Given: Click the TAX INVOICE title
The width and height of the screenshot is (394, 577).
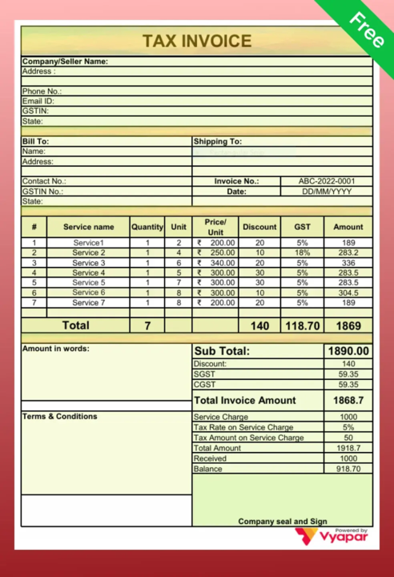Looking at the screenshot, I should point(197,41).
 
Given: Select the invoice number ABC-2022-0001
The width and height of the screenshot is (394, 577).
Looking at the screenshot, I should point(327,181).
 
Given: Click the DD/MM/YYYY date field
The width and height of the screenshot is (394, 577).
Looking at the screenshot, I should point(327,192).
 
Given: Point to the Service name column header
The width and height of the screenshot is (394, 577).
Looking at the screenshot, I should point(88,227).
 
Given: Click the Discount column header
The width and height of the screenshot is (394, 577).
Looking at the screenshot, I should point(259,227).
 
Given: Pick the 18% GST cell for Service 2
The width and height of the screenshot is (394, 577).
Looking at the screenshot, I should point(302,252).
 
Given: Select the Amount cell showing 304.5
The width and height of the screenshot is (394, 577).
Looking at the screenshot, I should point(348,293).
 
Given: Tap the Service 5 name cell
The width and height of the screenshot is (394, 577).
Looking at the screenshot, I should point(88,283).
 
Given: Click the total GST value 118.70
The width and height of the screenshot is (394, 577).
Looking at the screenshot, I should point(302,326).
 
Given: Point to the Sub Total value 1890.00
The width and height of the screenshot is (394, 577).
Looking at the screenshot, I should point(348,351).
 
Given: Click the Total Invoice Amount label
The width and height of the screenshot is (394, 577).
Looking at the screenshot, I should point(245,400).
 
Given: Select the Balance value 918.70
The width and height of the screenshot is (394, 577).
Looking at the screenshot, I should point(348,469).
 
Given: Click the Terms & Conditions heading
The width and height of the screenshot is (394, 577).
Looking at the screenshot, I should point(60,417).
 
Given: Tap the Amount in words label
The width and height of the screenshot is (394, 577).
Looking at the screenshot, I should point(56,349).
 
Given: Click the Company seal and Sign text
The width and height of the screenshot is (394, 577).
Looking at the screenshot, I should point(282,521).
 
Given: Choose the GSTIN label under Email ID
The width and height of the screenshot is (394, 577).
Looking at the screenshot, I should point(35,111).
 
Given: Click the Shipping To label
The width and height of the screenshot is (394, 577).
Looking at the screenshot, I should point(218,142).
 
